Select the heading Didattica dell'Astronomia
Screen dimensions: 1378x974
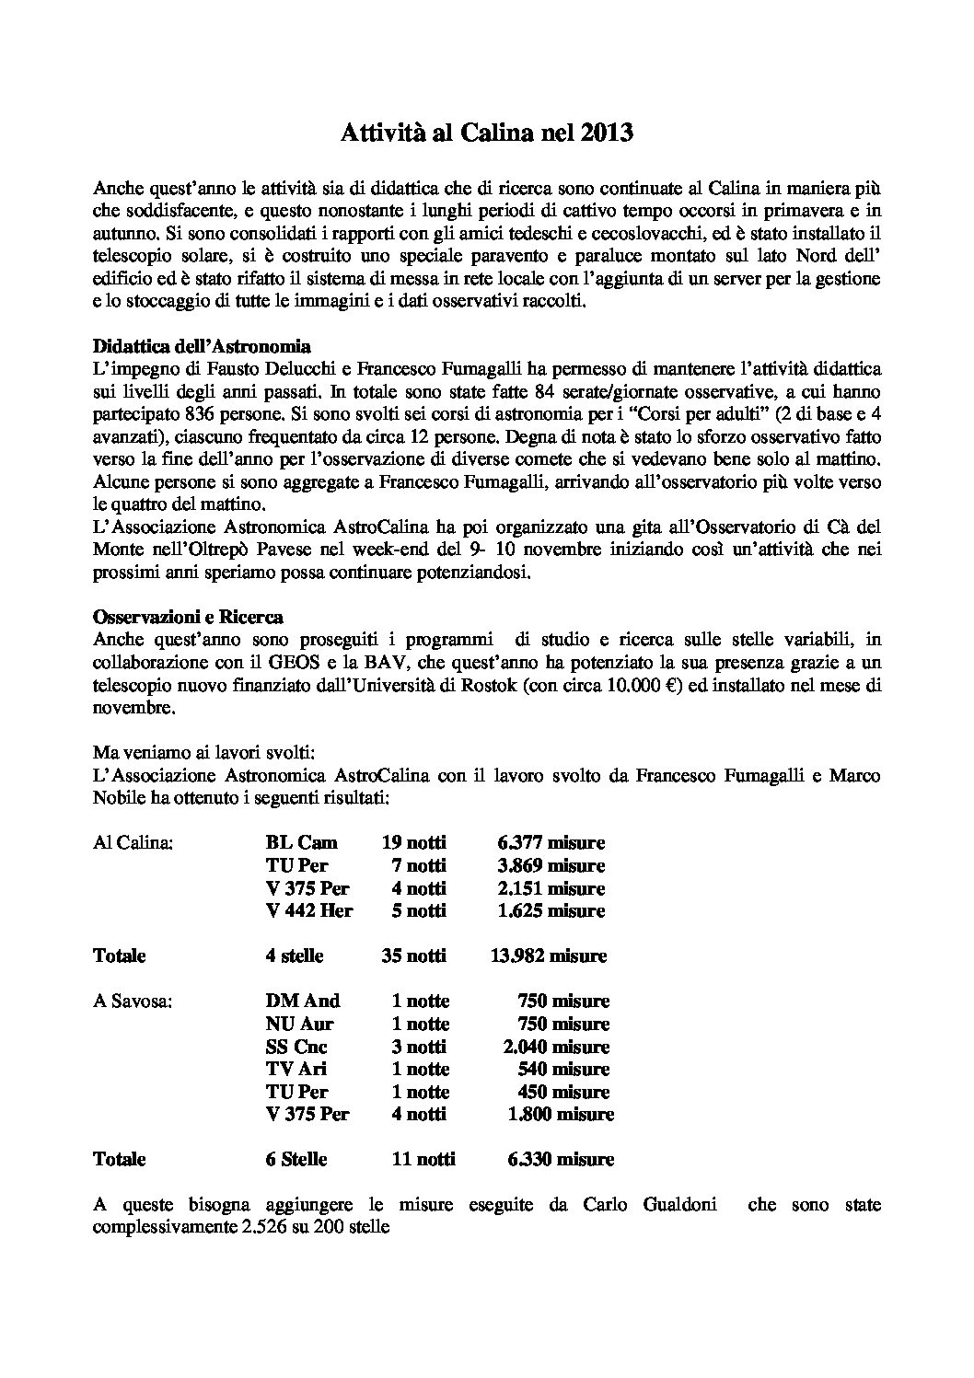click(x=202, y=347)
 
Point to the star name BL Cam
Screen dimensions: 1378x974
click(x=301, y=842)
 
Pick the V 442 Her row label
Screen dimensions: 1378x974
click(x=309, y=910)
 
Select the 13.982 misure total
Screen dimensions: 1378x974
click(x=548, y=955)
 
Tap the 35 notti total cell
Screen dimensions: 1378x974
click(x=413, y=955)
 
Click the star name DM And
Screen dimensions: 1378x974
click(x=302, y=1001)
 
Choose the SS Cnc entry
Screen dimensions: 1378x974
click(x=296, y=1047)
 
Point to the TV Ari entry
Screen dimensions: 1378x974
click(x=296, y=1069)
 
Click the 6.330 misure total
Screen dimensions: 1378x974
click(x=561, y=1159)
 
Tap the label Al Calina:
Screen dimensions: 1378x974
click(x=133, y=842)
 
